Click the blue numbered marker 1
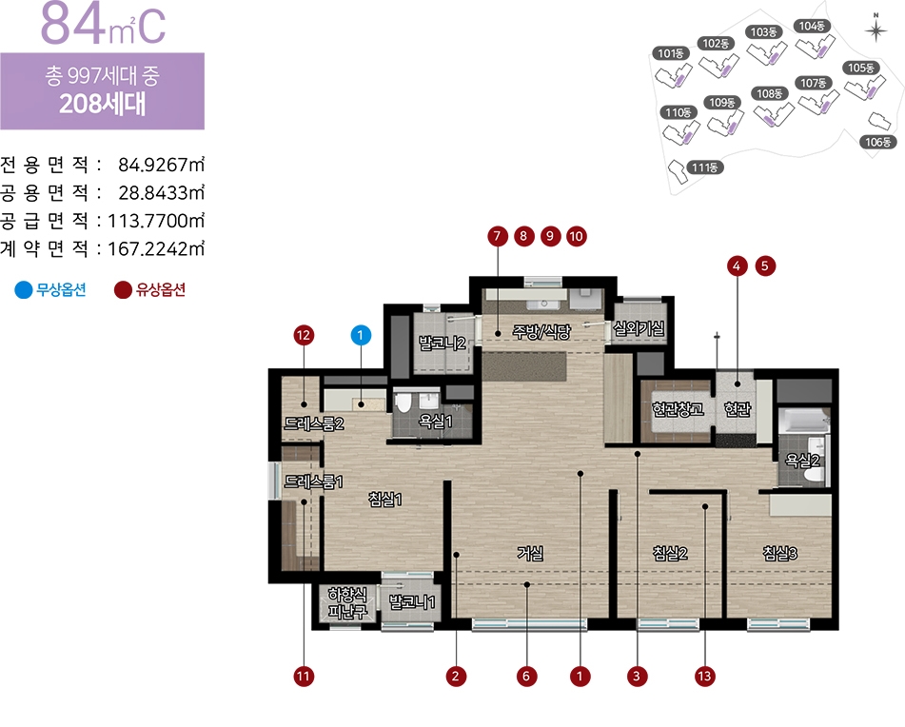click(x=361, y=335)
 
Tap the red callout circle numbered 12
click(x=304, y=335)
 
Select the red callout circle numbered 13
click(x=704, y=677)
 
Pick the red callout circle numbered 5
click(x=765, y=266)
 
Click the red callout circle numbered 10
click(x=576, y=236)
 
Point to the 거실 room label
click(x=530, y=553)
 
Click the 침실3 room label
click(x=779, y=553)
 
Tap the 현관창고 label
click(x=678, y=409)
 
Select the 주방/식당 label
click(x=541, y=331)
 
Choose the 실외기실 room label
click(x=639, y=328)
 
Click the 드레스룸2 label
click(x=313, y=423)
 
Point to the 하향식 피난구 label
click(x=347, y=603)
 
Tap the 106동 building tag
click(x=877, y=142)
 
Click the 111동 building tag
click(x=705, y=167)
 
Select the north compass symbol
click(x=875, y=29)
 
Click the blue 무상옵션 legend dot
click(x=24, y=289)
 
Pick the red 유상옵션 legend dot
click(x=123, y=289)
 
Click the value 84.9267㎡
click(x=161, y=165)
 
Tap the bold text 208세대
click(x=102, y=104)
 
